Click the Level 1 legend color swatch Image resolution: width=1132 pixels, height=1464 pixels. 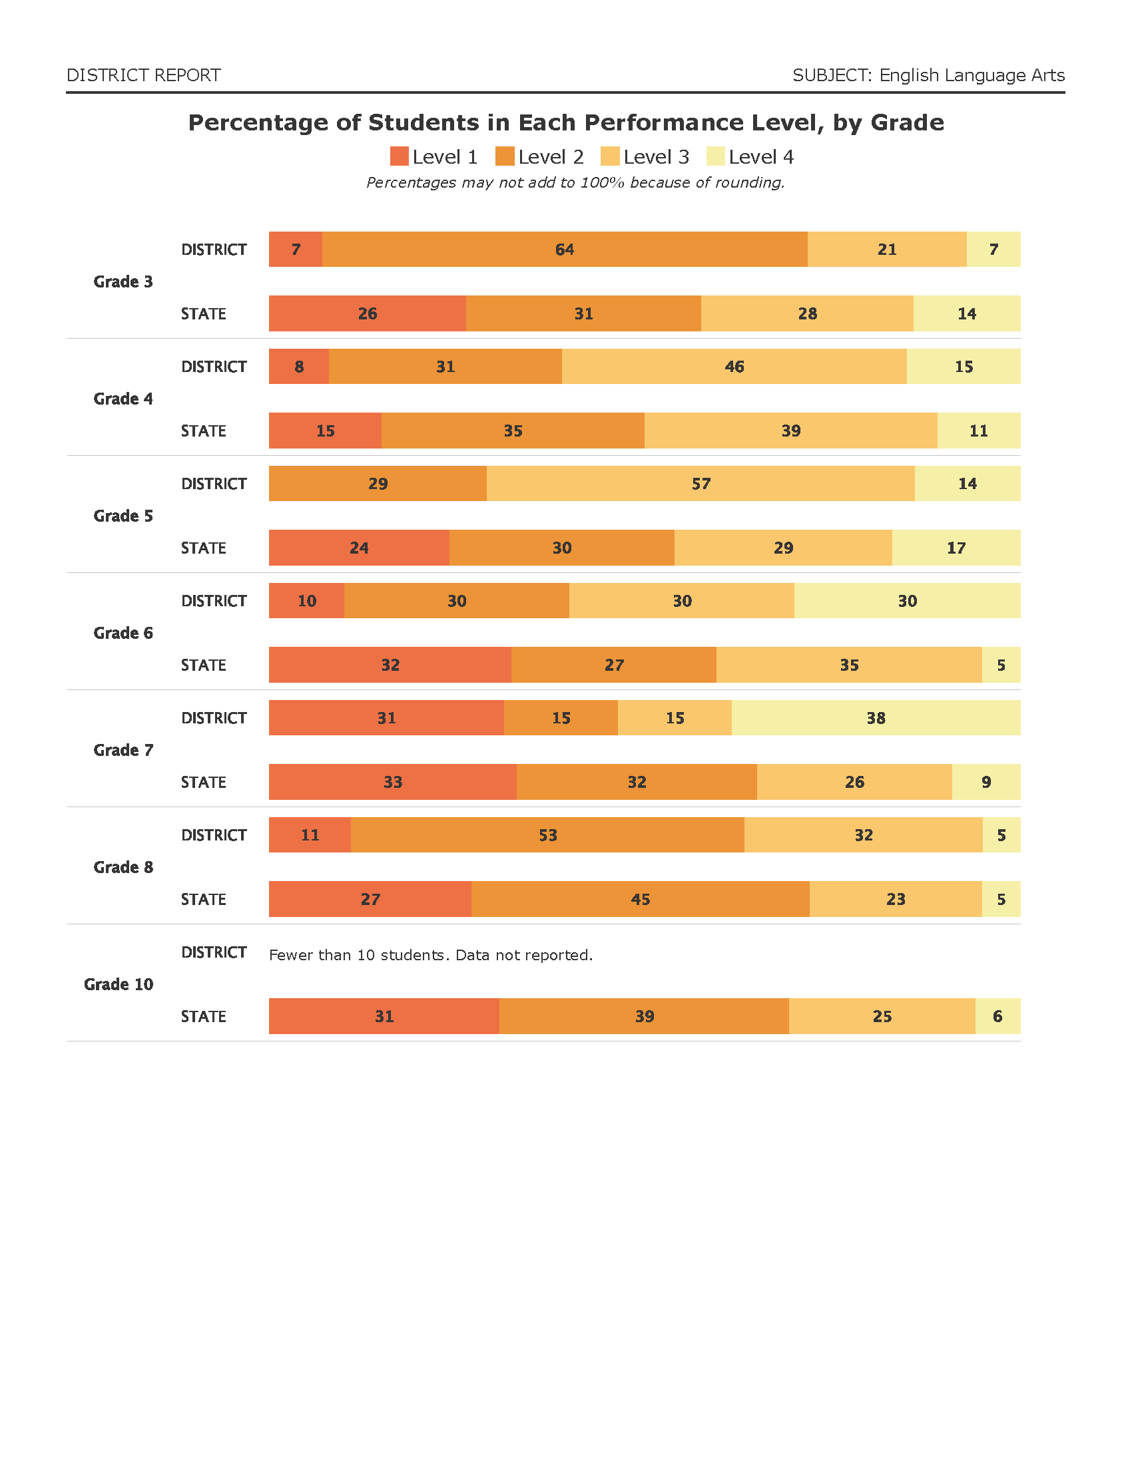coord(399,157)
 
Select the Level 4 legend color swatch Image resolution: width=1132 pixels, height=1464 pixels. coord(716,157)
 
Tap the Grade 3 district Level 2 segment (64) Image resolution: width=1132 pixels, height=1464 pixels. coord(565,250)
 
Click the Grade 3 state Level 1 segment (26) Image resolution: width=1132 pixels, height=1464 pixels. coord(368,313)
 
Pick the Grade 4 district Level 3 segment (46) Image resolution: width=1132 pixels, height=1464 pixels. coord(734,367)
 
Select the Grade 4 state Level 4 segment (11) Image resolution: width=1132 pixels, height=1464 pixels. coord(978,431)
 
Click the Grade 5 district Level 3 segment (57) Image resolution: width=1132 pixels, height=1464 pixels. coord(701,484)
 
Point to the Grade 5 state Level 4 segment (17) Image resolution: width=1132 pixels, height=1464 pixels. coord(956,548)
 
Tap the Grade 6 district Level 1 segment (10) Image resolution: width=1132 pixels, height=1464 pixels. coord(306,602)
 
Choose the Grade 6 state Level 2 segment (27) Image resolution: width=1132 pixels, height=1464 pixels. coord(614,665)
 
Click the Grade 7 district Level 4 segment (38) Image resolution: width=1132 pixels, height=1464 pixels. coord(876,718)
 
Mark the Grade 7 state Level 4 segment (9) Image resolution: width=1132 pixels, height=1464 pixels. coord(986,783)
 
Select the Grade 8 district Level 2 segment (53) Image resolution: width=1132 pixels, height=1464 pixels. coord(547,835)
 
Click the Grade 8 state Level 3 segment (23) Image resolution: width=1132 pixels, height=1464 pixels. coord(895,900)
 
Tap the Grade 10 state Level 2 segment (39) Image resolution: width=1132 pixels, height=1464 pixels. coord(644,1016)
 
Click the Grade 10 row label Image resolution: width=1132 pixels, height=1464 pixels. coord(119,984)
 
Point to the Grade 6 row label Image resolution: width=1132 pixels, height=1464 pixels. coord(123,633)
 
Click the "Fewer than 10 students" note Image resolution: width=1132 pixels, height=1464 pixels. coord(431,954)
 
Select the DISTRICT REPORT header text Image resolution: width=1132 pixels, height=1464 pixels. coord(144,75)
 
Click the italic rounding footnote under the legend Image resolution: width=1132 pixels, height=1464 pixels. coord(575,182)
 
